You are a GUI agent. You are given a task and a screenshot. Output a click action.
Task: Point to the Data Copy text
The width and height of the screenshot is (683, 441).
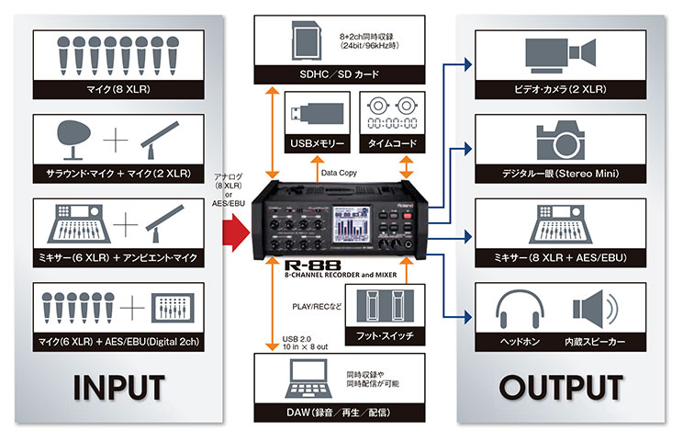click(341, 172)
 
